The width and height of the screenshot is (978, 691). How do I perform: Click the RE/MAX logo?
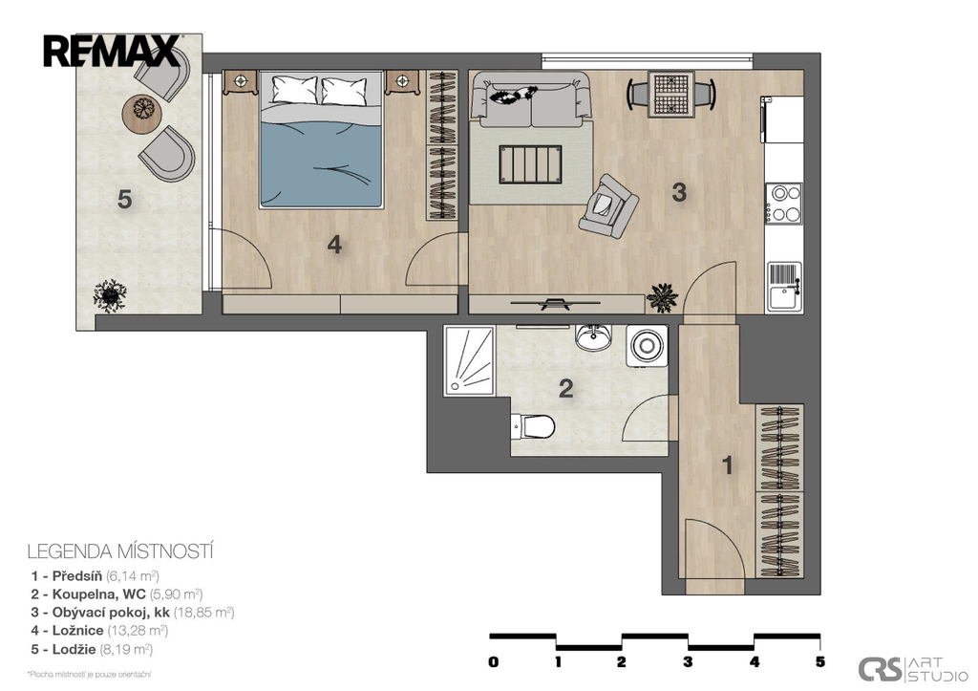tap(112, 52)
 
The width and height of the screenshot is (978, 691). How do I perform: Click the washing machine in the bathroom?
tap(647, 345)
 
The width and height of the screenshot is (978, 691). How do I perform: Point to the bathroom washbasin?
tap(592, 337)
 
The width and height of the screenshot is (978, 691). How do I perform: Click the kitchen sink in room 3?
tap(784, 287)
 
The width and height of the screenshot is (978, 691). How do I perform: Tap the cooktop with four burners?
tap(784, 204)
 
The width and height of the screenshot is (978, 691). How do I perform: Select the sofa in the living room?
tap(530, 98)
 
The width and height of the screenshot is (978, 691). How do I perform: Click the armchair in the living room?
tap(607, 205)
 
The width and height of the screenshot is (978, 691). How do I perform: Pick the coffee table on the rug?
tap(530, 164)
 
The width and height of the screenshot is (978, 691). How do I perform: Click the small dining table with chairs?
tap(671, 95)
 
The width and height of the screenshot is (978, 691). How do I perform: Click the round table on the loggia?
tap(143, 113)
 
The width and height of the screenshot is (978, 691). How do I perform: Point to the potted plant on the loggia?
tap(110, 295)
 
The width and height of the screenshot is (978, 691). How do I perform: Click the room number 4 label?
tap(335, 245)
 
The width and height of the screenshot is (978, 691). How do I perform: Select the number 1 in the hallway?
tap(727, 465)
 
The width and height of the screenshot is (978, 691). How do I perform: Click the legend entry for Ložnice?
tap(99, 631)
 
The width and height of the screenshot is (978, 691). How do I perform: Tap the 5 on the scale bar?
tap(820, 662)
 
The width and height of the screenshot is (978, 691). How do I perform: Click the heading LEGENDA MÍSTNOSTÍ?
tap(120, 551)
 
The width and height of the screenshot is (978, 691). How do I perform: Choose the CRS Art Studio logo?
tap(912, 669)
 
